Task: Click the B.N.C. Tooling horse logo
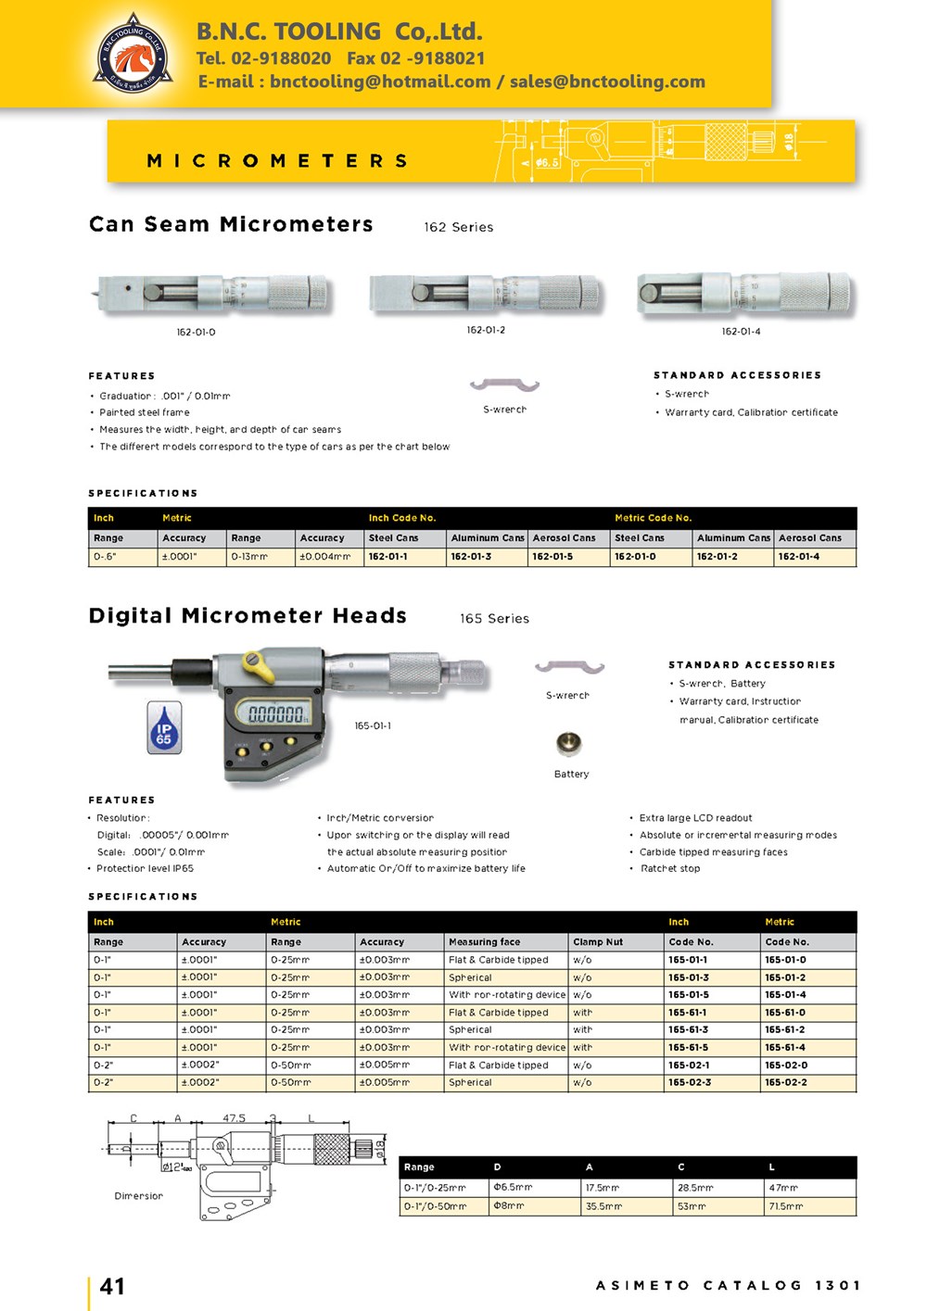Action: (x=133, y=54)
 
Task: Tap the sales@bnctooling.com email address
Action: (x=607, y=82)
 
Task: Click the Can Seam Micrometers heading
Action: (x=231, y=224)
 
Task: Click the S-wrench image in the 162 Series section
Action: (x=504, y=385)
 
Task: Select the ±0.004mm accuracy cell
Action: (x=324, y=557)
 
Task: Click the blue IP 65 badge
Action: (x=164, y=725)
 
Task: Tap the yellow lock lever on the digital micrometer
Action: (x=254, y=662)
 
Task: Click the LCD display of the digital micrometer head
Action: (x=275, y=713)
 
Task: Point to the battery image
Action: (x=568, y=743)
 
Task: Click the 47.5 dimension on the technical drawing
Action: (x=234, y=1118)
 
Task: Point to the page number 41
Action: (x=112, y=1286)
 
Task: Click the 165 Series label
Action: (x=494, y=618)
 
